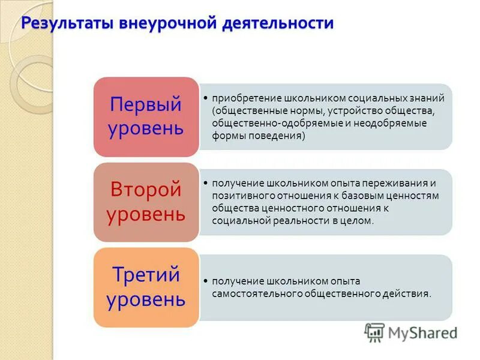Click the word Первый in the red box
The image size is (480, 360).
[145, 104]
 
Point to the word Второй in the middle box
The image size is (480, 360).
[145, 190]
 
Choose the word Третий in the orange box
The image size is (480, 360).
[145, 275]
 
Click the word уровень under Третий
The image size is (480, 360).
[145, 299]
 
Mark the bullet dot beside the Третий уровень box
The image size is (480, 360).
[206, 281]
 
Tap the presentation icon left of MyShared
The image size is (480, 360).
[374, 332]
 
